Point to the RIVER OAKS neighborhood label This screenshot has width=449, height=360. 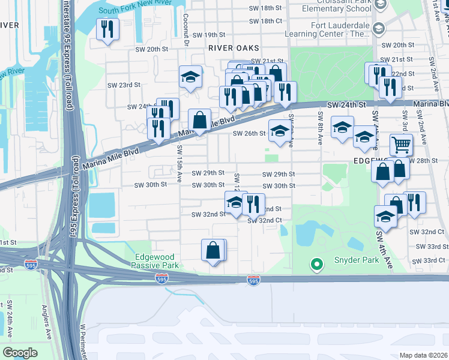234,47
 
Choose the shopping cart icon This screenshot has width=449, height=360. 401,145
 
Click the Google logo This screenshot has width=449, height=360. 20,353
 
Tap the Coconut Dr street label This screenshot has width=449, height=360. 185,30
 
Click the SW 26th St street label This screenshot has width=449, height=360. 249,133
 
